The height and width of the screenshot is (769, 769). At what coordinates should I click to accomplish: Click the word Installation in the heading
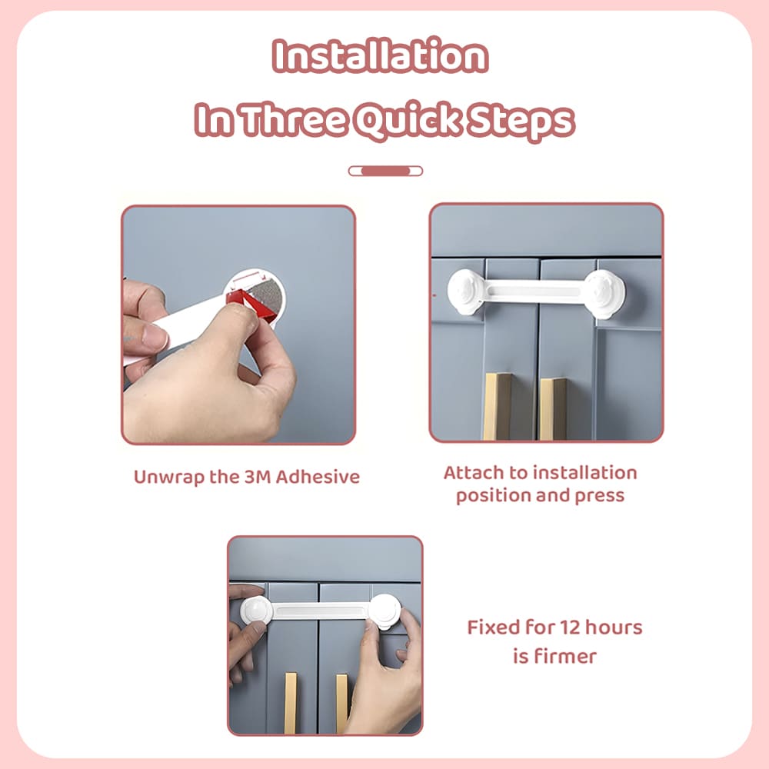click(381, 58)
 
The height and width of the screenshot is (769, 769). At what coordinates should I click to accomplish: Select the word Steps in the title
click(524, 121)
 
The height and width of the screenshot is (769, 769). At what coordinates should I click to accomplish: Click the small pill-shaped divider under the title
click(385, 171)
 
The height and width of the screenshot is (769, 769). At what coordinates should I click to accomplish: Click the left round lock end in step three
click(255, 611)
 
